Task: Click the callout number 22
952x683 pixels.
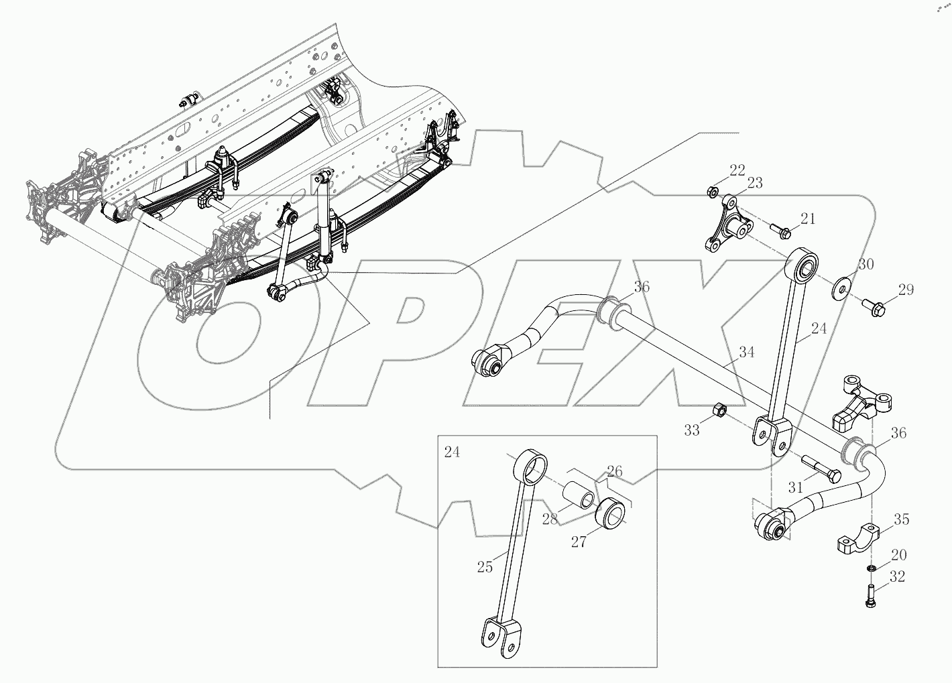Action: (737, 171)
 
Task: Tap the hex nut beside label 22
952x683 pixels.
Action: (712, 193)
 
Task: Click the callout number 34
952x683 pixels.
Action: (747, 352)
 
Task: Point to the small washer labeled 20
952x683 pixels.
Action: (871, 569)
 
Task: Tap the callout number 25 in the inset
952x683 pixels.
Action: (485, 567)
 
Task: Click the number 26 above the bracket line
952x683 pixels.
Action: (614, 471)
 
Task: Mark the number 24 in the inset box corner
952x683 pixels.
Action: (452, 452)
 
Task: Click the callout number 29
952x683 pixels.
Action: (906, 290)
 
